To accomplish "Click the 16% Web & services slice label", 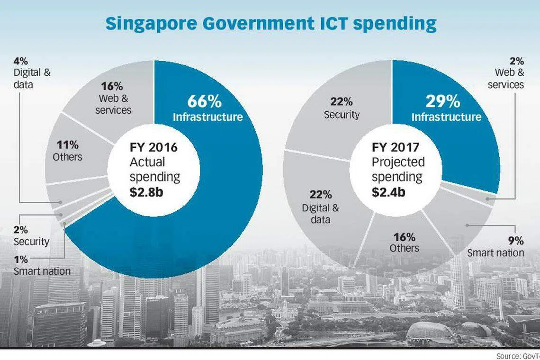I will coord(113,98).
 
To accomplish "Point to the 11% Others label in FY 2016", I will coord(68,150).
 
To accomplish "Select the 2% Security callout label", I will coord(31,235).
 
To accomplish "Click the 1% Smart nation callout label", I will coord(42,265).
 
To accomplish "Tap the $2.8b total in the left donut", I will coord(147,192).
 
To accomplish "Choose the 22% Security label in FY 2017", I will coord(342,108).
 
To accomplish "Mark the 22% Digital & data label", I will coord(321,207).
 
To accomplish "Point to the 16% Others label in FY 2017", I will coord(404,243).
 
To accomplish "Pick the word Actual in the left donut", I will coord(147,162).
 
